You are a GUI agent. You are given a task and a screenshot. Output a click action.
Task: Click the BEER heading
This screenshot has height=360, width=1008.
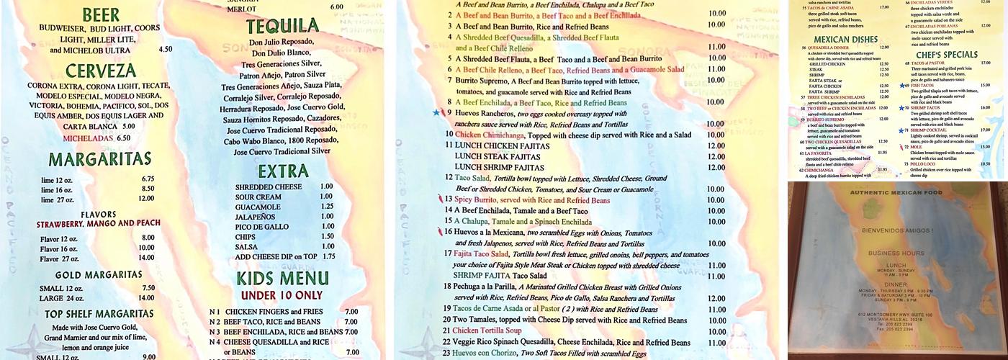101,15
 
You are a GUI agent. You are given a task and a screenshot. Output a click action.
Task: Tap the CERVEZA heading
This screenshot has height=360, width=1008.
100,71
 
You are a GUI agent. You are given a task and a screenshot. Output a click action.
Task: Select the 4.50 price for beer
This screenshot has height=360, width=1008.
165,50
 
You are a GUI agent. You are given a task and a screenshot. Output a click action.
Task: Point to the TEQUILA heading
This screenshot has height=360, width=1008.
282,27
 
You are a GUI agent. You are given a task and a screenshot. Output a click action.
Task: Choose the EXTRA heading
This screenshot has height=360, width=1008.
283,171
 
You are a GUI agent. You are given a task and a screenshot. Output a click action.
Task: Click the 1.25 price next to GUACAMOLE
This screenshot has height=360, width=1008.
327,206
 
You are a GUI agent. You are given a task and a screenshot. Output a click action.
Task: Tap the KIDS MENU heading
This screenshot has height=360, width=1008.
283,279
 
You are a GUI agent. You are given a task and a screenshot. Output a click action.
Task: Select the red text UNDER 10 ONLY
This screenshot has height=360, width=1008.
282,295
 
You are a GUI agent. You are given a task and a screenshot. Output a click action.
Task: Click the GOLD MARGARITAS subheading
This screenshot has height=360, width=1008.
99,274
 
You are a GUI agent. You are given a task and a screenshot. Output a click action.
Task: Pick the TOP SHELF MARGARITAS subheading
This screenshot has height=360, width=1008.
99,314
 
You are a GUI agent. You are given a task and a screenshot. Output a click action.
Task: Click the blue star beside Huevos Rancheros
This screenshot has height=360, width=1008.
435,113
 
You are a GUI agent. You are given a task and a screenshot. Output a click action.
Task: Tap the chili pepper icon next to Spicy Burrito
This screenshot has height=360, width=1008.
439,199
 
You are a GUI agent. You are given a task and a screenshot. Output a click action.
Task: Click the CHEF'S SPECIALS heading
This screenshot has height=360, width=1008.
946,55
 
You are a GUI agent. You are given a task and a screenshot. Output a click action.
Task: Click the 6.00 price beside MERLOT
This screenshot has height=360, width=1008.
336,6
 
